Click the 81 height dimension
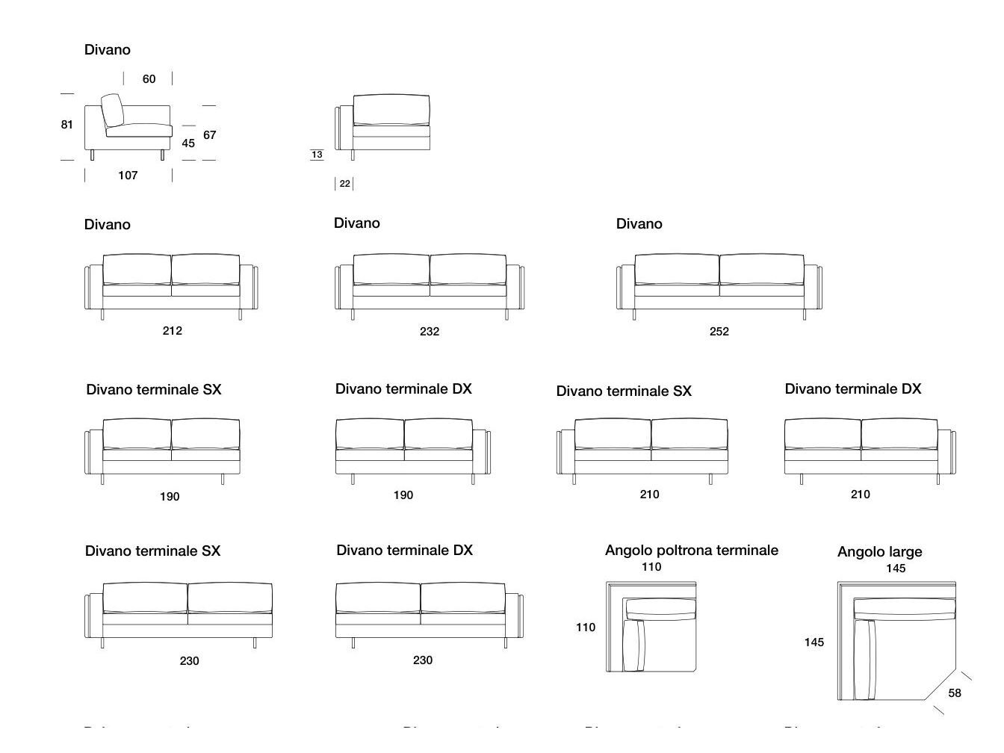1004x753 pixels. (67, 125)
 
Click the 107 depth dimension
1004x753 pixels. (128, 176)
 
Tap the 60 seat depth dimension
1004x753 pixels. (149, 79)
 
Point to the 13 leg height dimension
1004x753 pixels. (317, 155)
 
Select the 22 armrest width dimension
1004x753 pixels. (344, 184)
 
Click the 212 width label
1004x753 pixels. (172, 331)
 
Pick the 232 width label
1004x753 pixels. (430, 332)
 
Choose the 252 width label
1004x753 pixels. (719, 332)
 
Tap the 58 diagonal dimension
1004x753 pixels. (955, 693)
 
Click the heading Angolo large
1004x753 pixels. (879, 552)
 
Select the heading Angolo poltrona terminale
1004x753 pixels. (691, 551)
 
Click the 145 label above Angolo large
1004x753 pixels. (896, 568)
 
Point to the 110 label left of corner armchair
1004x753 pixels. (586, 627)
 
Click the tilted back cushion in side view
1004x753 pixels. (112, 110)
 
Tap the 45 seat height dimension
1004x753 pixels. (188, 143)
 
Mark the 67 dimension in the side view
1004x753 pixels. (210, 135)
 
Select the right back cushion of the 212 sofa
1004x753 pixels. (205, 269)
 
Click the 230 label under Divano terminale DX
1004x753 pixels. (423, 660)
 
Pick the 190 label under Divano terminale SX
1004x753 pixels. (170, 497)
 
